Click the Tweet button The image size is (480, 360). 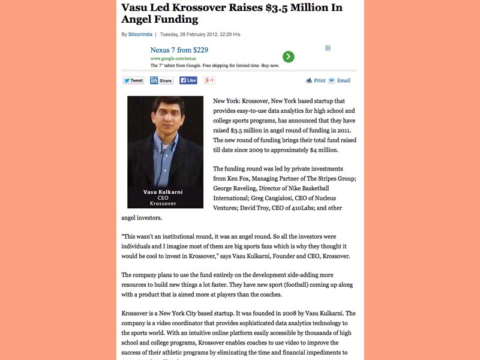pos(133,80)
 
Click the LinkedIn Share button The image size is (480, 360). pos(161,80)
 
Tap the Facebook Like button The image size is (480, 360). pos(188,80)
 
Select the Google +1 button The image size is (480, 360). pos(209,80)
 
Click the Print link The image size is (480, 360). pos(316,80)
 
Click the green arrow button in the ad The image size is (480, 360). pos(289,57)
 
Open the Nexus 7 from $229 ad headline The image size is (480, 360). pos(179,50)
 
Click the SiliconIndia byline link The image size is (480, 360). pos(140,34)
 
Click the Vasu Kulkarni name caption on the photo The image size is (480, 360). pos(163,192)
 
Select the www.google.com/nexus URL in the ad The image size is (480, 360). pos(173,58)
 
